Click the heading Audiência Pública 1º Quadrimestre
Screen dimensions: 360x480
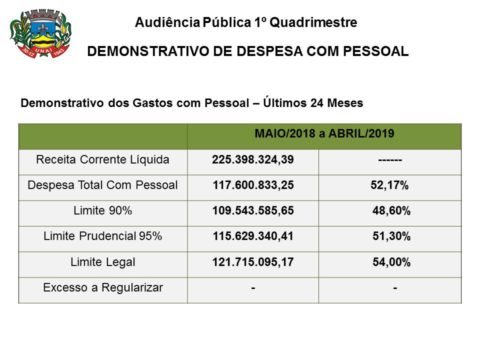point(246,22)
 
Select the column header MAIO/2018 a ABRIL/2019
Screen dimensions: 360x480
point(324,133)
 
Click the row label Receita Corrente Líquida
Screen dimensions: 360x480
point(103,160)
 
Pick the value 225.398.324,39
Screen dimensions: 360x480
point(253,160)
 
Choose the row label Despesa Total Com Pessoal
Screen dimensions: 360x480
point(103,185)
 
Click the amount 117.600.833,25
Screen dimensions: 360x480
point(253,185)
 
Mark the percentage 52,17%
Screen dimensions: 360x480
point(390,185)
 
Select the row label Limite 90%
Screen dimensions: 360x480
point(103,211)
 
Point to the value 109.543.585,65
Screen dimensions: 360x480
point(253,211)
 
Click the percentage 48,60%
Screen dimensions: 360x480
point(391,211)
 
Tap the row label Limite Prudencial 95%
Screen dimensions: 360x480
point(103,236)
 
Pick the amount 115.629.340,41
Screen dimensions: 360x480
point(253,236)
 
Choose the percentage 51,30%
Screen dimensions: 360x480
point(391,236)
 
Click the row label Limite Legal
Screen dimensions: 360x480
point(103,261)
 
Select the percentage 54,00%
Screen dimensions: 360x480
point(391,262)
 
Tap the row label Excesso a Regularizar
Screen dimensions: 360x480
point(103,287)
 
